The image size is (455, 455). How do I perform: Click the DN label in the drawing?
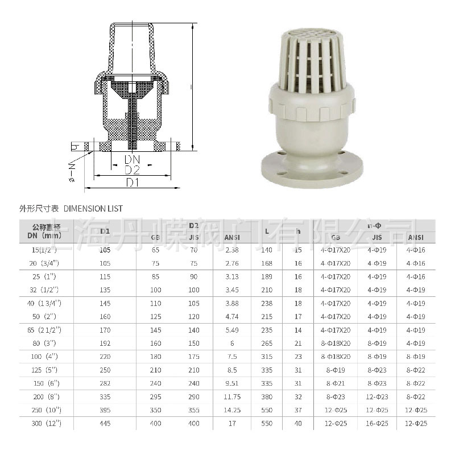click(131, 159)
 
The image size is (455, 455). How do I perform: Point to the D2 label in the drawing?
click(131, 170)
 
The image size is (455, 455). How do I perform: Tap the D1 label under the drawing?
click(132, 182)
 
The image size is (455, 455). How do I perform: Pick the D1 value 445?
click(105, 423)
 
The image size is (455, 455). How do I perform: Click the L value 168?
click(267, 264)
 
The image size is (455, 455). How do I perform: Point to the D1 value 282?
click(105, 383)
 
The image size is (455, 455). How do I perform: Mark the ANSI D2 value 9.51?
click(232, 383)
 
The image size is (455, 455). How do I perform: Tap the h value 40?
click(298, 423)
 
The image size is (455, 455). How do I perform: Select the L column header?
click(267, 230)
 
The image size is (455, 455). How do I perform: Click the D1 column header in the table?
click(105, 230)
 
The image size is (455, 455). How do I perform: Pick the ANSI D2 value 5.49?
click(232, 330)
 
